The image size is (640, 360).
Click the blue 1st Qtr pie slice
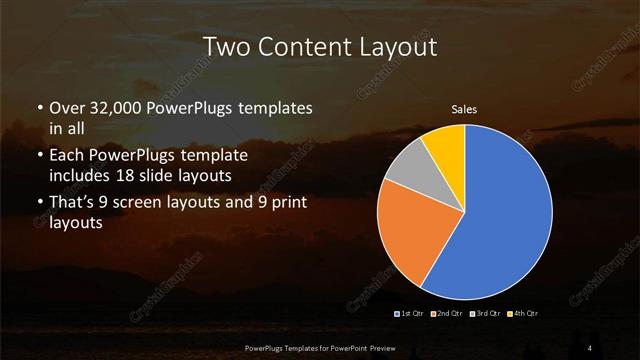pos(505,220)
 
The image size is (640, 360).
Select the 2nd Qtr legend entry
pos(445,314)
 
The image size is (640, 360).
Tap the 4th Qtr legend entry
pos(524,314)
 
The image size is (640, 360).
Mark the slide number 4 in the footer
pos(591,347)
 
